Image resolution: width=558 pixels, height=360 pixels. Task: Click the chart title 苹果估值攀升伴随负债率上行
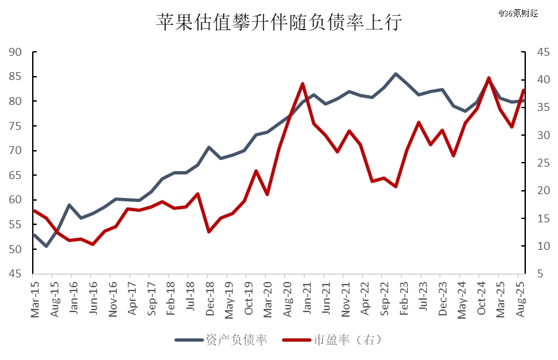279,22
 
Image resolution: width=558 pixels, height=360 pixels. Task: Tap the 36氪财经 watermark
518,12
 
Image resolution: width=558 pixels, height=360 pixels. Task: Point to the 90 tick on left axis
16,52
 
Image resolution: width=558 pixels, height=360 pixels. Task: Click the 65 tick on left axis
16,176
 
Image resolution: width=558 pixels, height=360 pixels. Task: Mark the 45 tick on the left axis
16,274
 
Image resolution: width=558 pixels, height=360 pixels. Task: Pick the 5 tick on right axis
536,274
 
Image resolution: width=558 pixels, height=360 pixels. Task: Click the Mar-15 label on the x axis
35,300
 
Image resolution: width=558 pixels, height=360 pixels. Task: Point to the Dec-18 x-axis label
210,300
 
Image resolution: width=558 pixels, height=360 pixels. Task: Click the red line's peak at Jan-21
302,83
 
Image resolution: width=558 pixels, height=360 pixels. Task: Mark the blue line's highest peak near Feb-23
395,73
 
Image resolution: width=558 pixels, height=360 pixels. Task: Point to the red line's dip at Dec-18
209,231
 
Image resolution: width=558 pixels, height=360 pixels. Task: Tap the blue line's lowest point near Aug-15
46,247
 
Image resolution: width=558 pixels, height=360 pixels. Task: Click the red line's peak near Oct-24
488,77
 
